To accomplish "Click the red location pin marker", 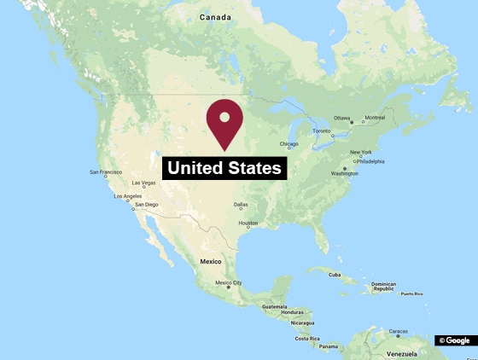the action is [x=224, y=122].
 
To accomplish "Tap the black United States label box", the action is [x=224, y=168].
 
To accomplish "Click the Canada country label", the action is [x=216, y=17].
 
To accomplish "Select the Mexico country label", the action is [x=210, y=261].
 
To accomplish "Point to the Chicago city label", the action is [x=289, y=144].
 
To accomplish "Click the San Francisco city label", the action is [x=105, y=172].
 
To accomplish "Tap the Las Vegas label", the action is [x=143, y=183].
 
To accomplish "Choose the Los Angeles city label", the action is [x=127, y=196].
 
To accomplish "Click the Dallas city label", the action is [x=241, y=205].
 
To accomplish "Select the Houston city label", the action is [x=248, y=224].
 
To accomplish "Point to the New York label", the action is [x=361, y=153].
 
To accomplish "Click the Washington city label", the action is [x=345, y=173].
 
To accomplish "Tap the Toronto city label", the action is [x=321, y=131].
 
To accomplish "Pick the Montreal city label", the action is [x=375, y=118].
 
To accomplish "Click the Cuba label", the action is [x=335, y=275].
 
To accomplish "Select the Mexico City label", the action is [x=229, y=282].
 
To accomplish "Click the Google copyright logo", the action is [x=454, y=340].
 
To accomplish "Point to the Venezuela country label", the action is [x=401, y=352].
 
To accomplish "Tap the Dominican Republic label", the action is [x=383, y=287].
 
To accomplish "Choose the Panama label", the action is [x=329, y=346].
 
